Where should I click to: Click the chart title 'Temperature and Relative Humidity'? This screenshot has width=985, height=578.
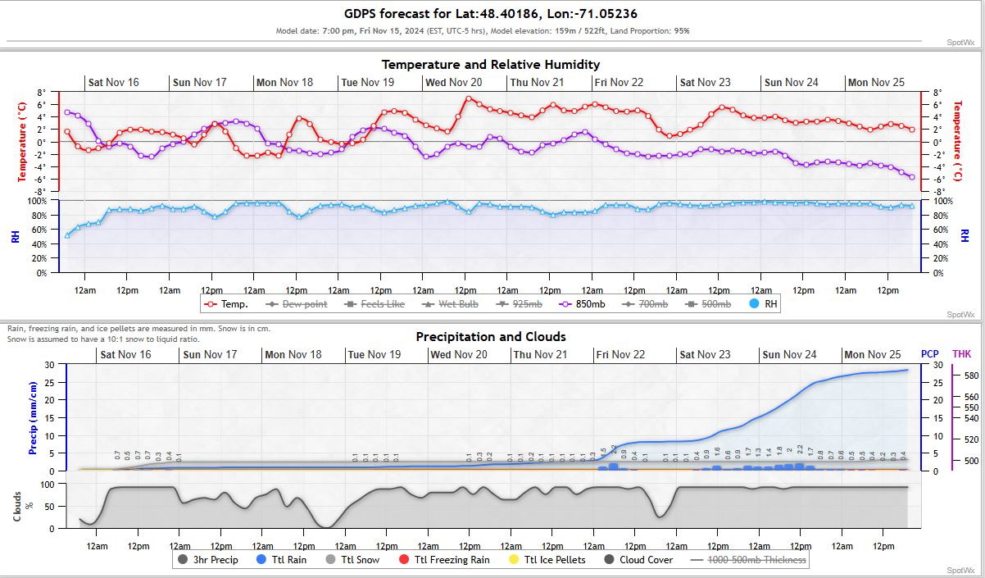click(x=491, y=64)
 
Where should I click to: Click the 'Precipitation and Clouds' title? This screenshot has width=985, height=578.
click(x=491, y=336)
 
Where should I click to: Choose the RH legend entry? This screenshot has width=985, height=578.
click(x=763, y=304)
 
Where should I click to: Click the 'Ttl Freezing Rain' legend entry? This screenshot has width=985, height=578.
click(x=444, y=560)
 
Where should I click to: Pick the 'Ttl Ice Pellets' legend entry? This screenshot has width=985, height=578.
click(x=547, y=560)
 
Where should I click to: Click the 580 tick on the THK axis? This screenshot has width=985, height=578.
click(x=971, y=375)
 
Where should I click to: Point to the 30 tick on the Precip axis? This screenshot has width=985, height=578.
click(x=49, y=365)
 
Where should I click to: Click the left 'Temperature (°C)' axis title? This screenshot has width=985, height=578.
click(x=23, y=142)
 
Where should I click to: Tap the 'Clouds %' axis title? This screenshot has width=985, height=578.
click(x=23, y=506)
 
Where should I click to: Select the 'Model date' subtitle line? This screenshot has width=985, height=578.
click(x=483, y=31)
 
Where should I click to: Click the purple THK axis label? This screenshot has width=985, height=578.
click(x=961, y=354)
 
